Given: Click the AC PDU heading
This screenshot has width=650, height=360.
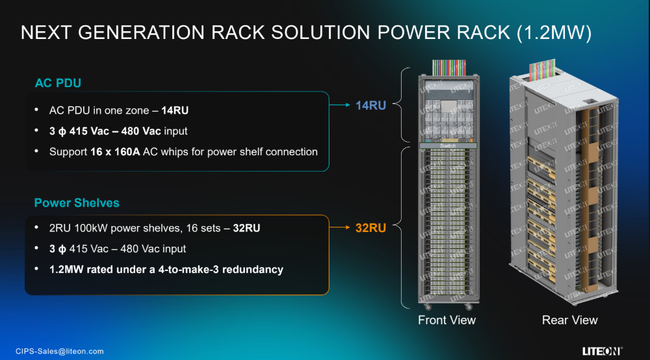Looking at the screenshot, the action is pos(58,83).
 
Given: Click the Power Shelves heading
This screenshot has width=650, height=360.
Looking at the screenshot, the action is pos(77,203).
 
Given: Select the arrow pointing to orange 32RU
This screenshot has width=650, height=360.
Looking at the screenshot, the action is pos(340,228).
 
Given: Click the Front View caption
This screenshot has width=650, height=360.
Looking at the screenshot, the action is pos(447,320).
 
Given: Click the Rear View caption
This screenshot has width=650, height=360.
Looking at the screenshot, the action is pos(570,320).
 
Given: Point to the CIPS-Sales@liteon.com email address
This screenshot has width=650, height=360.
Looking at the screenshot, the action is pos(60,352).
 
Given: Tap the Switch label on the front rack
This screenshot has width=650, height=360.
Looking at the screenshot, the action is pos(448,146).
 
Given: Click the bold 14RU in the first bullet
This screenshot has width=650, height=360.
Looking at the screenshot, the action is pos(175,110).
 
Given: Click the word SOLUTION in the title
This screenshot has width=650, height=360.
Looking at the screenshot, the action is pos(301,33).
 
